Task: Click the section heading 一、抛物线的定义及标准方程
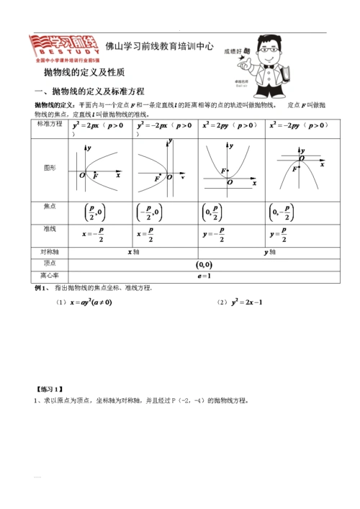[x=89, y=91]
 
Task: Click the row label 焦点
[x=50, y=207]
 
